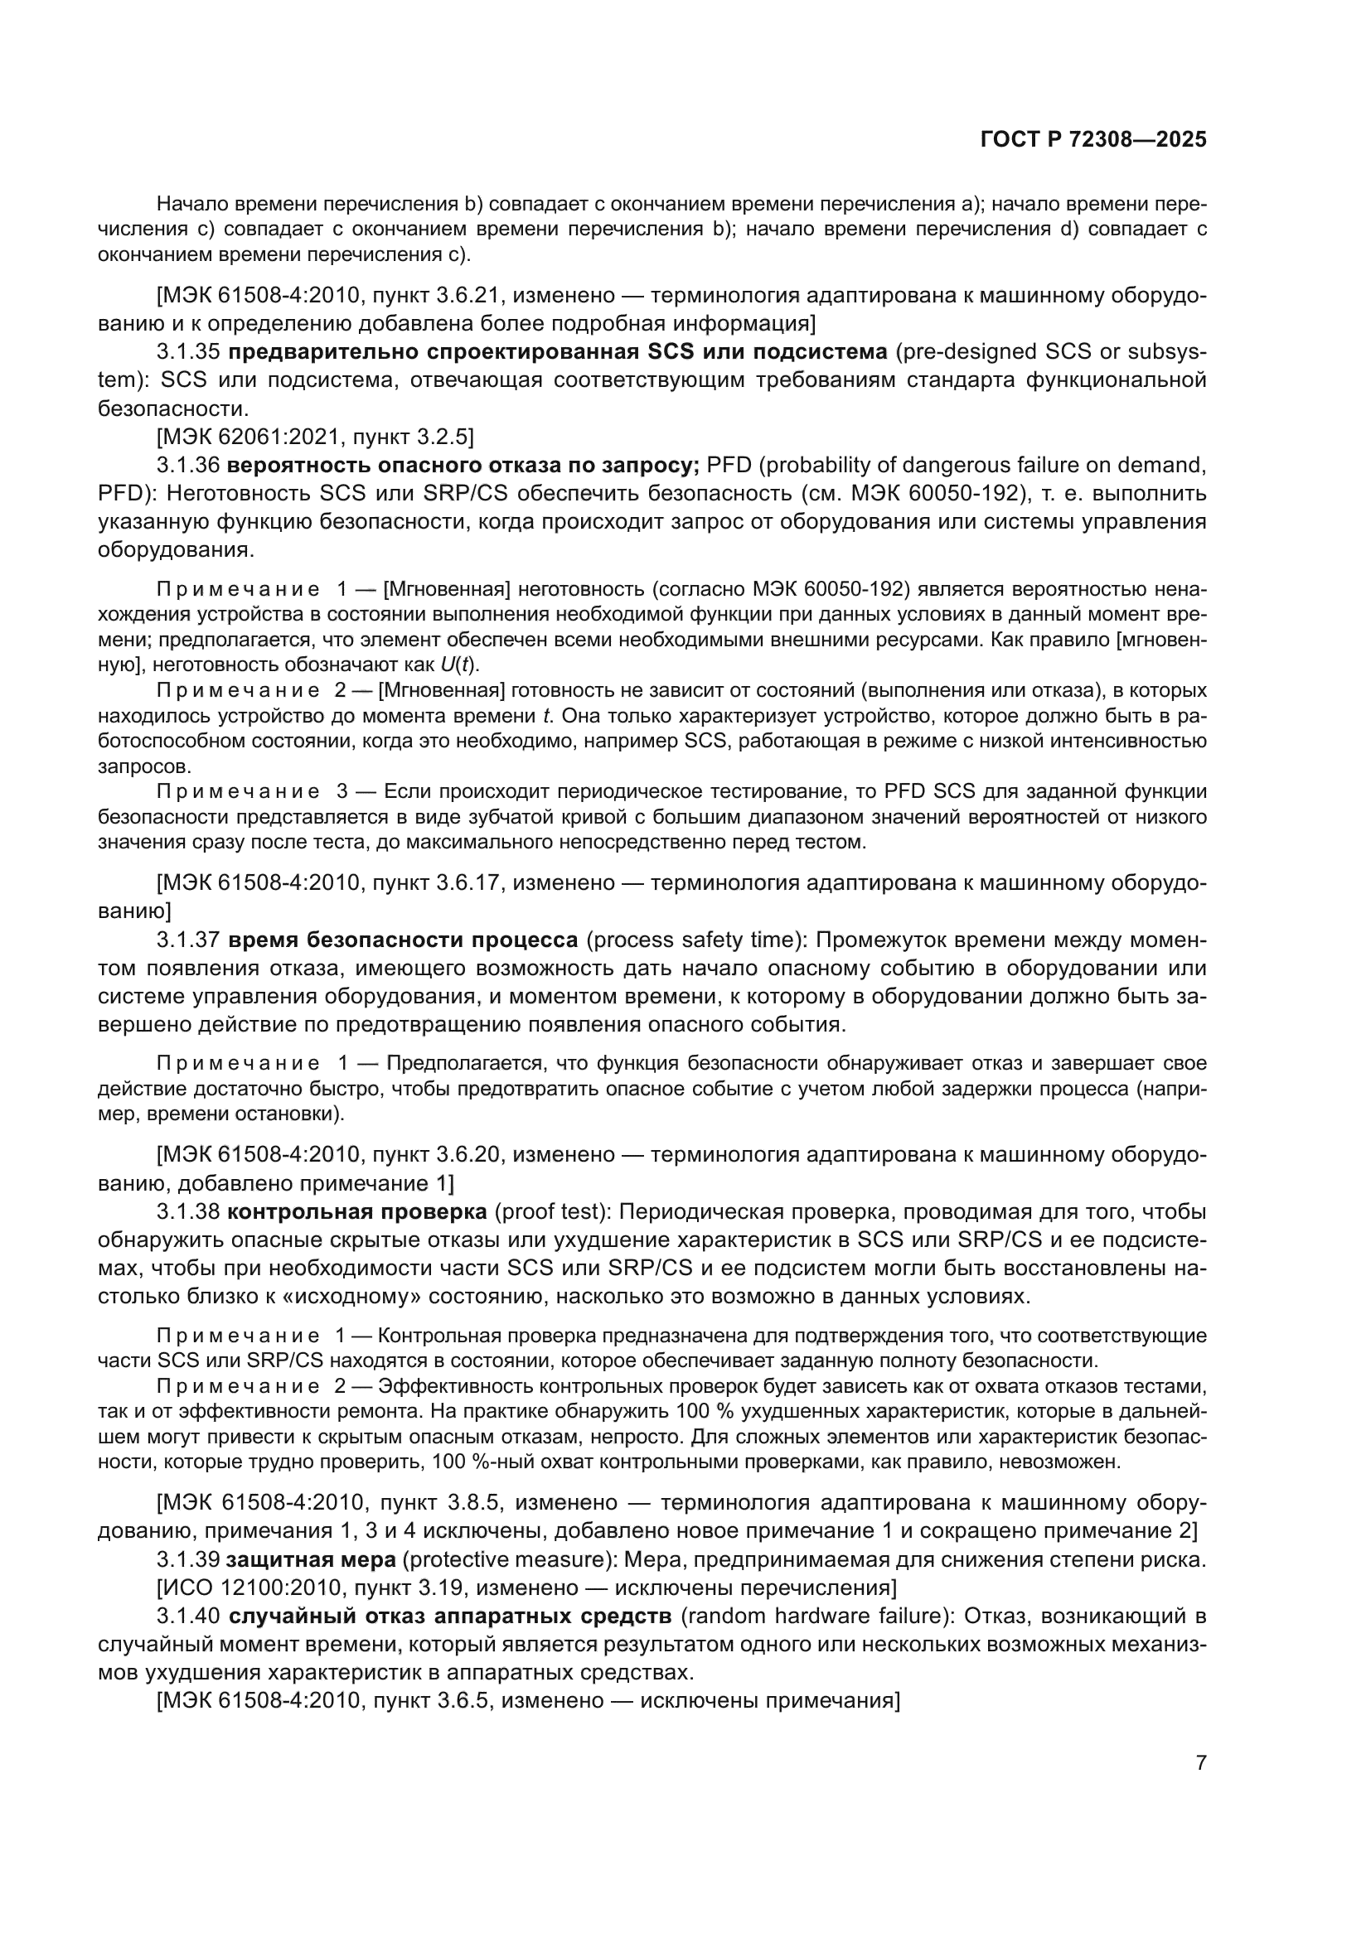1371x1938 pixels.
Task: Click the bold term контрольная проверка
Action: click(357, 1212)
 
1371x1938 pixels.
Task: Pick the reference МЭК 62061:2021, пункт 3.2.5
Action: click(315, 437)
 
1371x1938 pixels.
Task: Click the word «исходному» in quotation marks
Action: click(357, 1296)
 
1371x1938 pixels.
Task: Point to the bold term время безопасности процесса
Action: click(403, 940)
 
